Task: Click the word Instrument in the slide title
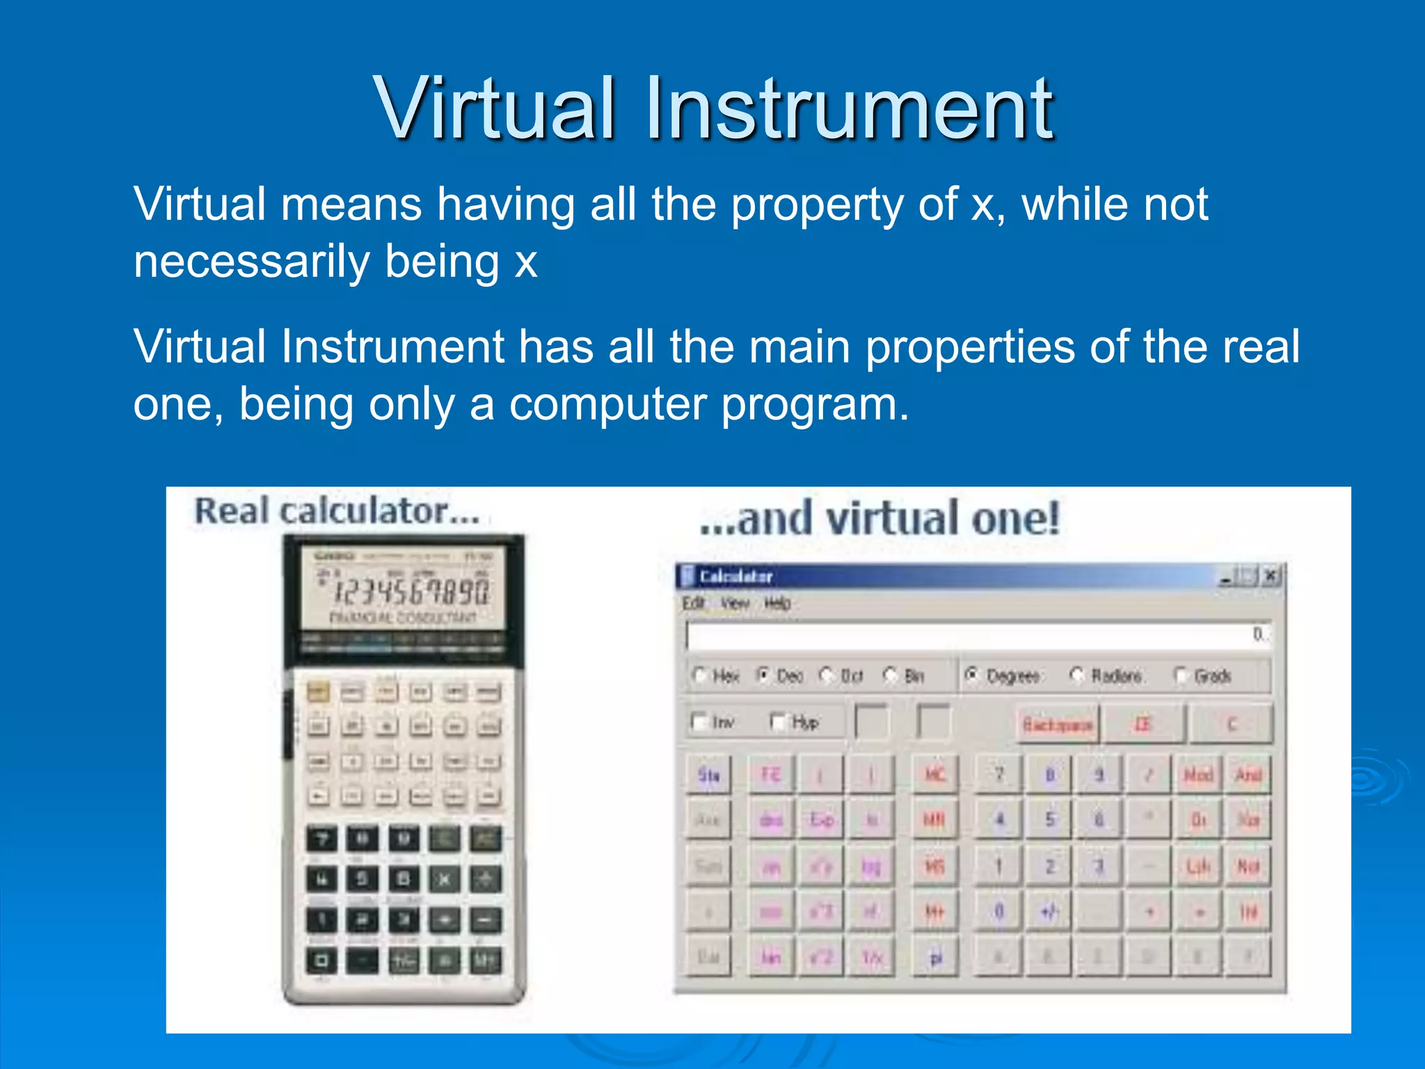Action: click(x=849, y=109)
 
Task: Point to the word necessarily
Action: click(x=252, y=262)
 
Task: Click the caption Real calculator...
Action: click(x=337, y=512)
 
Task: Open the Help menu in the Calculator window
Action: click(x=777, y=603)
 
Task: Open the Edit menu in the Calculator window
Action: click(x=693, y=603)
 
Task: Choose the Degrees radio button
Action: click(x=972, y=674)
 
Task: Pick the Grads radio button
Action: click(x=1181, y=675)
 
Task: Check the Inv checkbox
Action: click(x=699, y=722)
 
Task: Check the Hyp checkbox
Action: click(x=778, y=722)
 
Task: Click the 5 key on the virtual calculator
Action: click(x=1049, y=819)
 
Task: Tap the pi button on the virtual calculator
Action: click(x=936, y=958)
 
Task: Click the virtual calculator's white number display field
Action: click(x=974, y=635)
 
